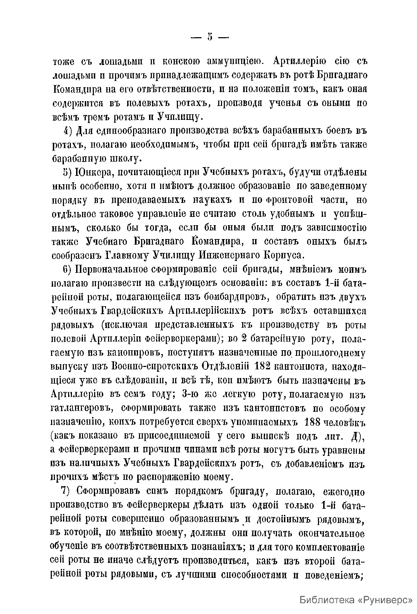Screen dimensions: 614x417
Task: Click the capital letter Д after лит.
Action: [355, 436]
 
